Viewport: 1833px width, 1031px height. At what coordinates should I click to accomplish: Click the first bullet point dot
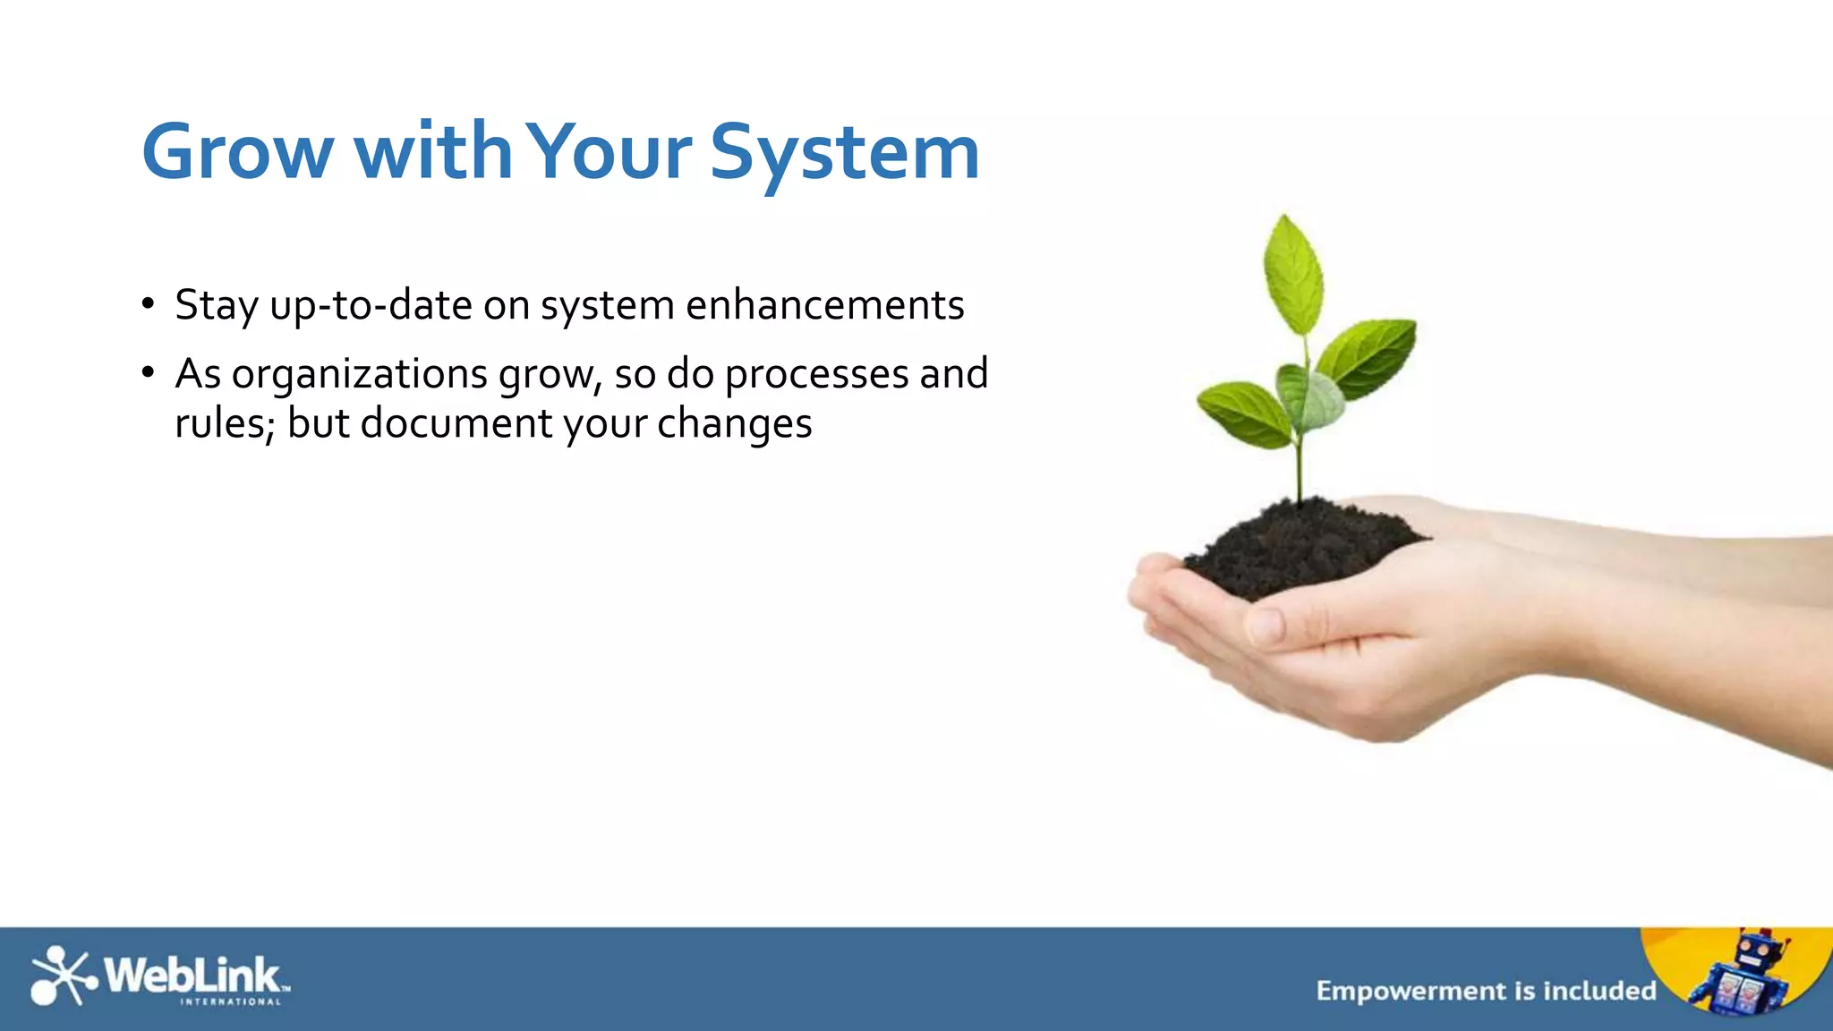tap(148, 303)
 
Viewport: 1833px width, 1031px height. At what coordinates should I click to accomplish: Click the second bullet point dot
tap(148, 372)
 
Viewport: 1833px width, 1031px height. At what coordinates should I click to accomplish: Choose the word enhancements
tap(824, 305)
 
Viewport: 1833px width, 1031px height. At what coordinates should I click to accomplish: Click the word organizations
tap(359, 374)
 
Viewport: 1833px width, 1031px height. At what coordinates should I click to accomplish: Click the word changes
tap(734, 423)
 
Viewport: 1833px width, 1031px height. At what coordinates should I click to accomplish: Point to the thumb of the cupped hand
tap(1325, 622)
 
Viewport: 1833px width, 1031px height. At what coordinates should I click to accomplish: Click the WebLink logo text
tap(192, 976)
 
